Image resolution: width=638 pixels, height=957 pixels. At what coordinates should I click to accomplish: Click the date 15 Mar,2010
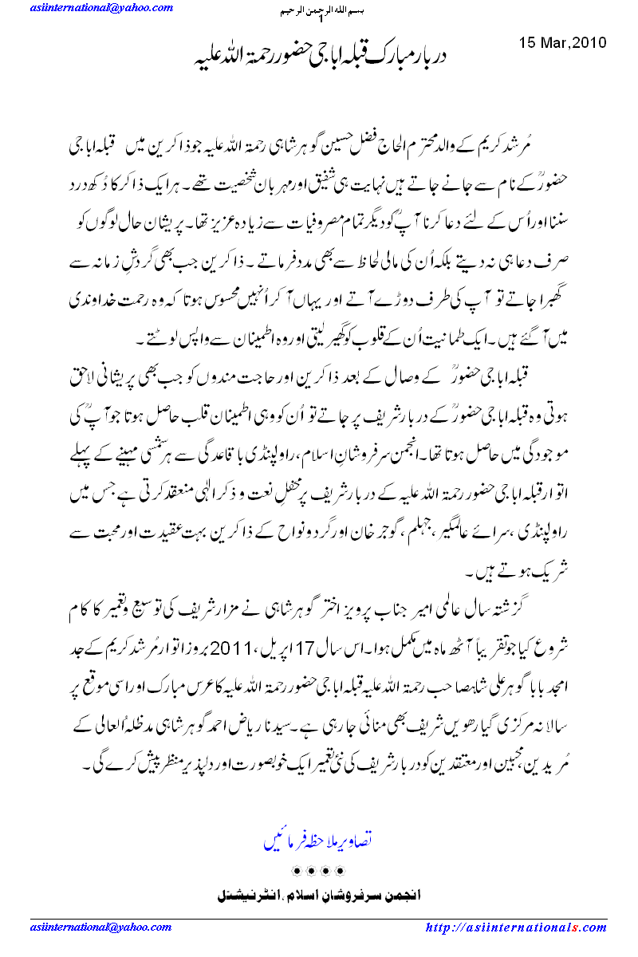(x=563, y=42)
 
